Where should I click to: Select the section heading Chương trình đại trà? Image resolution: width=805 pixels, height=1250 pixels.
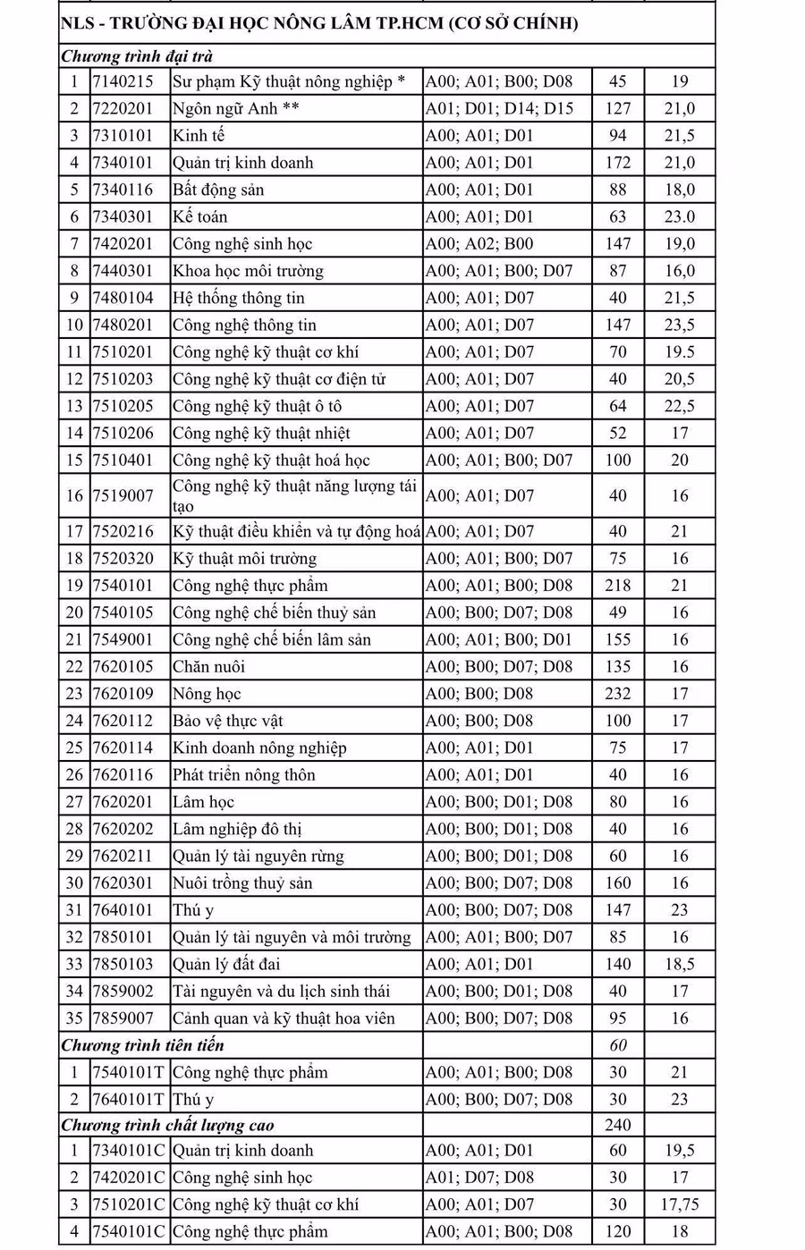137,56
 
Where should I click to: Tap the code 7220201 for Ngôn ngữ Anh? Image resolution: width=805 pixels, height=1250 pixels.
123,108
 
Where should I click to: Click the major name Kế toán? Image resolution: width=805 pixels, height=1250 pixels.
200,216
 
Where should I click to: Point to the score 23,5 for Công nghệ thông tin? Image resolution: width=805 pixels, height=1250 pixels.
680,325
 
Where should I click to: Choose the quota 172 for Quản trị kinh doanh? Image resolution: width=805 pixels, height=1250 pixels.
617,163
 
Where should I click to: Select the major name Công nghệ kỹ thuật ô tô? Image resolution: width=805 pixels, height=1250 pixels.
258,406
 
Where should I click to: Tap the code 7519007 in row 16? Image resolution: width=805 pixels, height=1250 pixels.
123,495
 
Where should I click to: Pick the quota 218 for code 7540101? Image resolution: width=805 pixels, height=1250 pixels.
617,586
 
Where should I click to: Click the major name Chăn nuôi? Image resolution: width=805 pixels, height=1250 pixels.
209,667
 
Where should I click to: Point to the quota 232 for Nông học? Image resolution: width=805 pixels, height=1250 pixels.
617,694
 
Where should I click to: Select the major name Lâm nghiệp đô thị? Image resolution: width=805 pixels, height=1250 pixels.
237,829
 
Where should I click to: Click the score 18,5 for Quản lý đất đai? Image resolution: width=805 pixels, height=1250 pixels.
680,964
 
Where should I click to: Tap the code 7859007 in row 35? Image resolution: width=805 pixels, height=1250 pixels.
123,1018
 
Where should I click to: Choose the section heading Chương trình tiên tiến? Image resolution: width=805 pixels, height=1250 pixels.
143,1045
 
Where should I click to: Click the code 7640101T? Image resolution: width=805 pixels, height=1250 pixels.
128,1099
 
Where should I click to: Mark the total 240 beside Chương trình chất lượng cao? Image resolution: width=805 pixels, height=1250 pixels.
617,1125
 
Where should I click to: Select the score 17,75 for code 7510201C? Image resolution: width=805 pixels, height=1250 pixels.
680,1204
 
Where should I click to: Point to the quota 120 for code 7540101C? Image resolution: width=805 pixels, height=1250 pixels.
617,1231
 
